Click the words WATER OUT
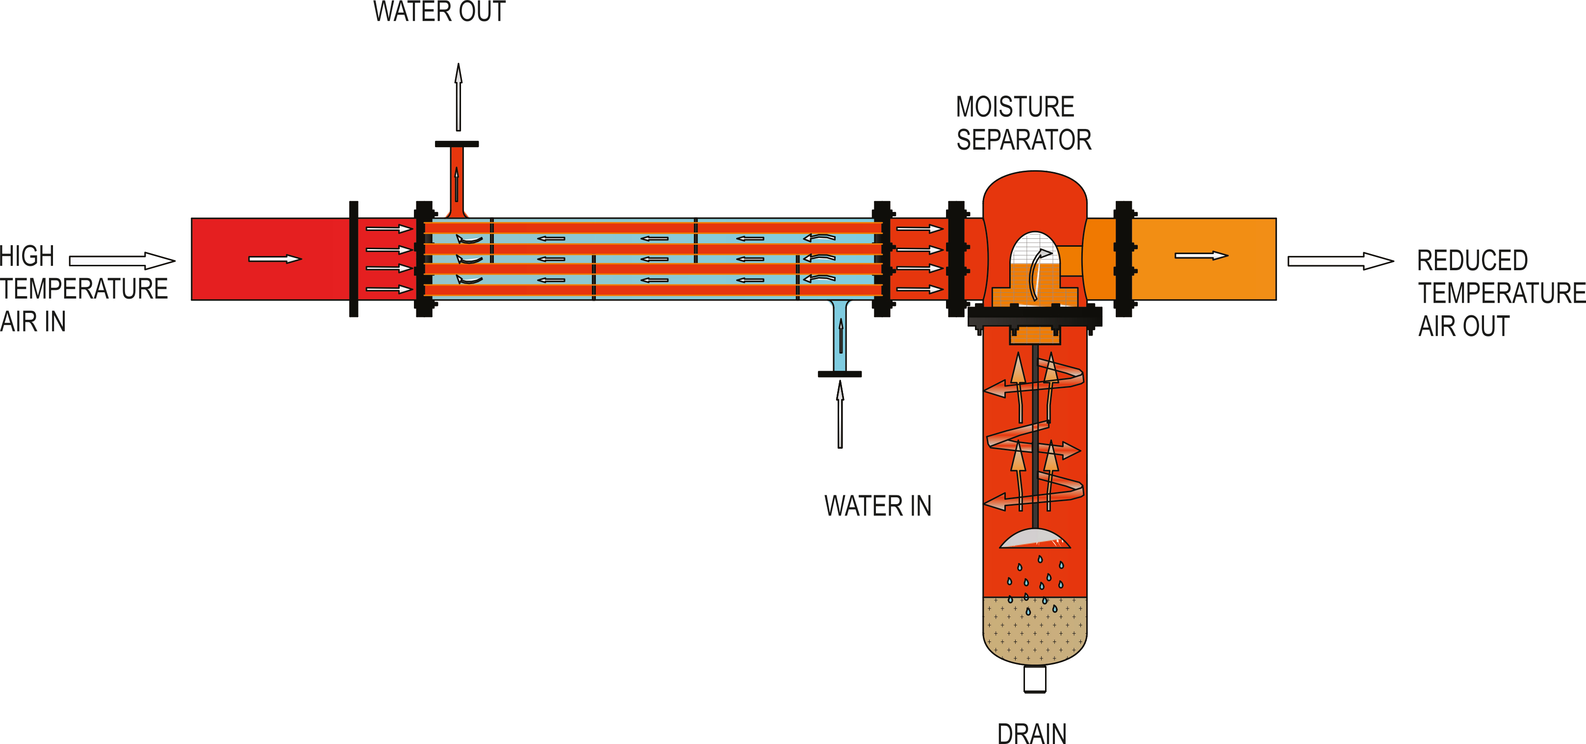pyautogui.click(x=439, y=12)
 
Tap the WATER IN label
pyautogui.click(x=877, y=506)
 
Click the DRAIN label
pyautogui.click(x=1031, y=733)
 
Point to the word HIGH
pyautogui.click(x=27, y=256)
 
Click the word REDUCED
pyautogui.click(x=1472, y=260)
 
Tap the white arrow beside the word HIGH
pyautogui.click(x=122, y=260)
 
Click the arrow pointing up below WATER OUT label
pyautogui.click(x=458, y=97)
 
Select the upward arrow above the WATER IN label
pyautogui.click(x=840, y=414)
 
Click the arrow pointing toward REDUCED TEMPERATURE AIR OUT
pyautogui.click(x=1340, y=261)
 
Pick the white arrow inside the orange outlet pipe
pyautogui.click(x=1201, y=256)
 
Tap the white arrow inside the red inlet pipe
pyautogui.click(x=275, y=258)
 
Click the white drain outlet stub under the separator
pyautogui.click(x=1034, y=679)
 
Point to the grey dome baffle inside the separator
pyautogui.click(x=1034, y=539)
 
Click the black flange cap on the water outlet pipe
pyautogui.click(x=457, y=144)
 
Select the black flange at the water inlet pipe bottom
pyautogui.click(x=839, y=374)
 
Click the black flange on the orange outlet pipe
pyautogui.click(x=1124, y=258)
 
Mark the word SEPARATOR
pyautogui.click(x=1023, y=140)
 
